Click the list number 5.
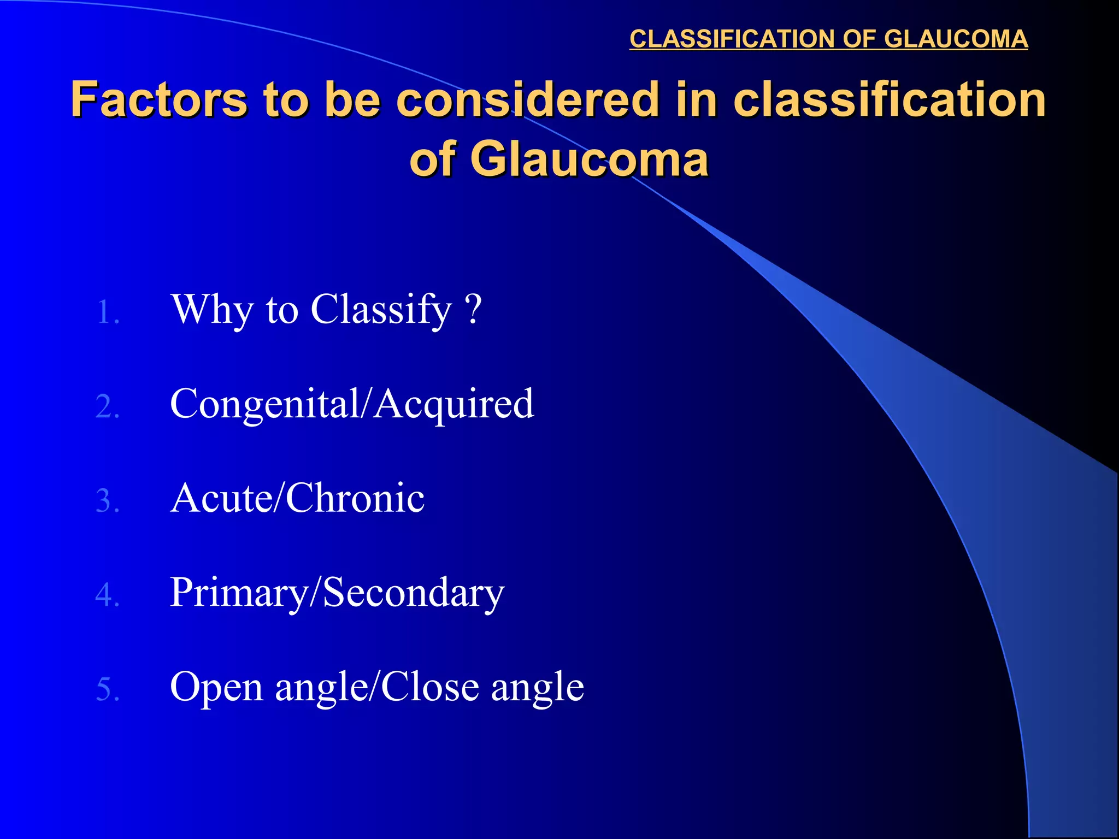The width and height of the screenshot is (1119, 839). coord(107,689)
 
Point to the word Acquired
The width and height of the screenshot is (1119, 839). coord(454,404)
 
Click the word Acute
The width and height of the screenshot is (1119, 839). coord(219,498)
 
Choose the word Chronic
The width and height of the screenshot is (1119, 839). coord(355,498)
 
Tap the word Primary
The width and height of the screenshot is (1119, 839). coord(238,593)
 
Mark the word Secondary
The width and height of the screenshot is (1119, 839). coord(413,593)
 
